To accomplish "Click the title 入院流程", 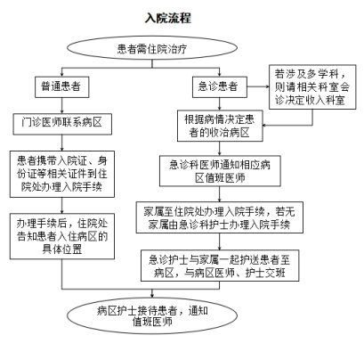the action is point(168,18).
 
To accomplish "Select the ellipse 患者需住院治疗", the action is point(152,48).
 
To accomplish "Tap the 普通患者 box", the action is point(62,87).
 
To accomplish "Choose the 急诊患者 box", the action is point(220,87).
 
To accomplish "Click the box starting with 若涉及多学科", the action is point(312,87).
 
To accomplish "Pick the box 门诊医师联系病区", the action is point(62,124).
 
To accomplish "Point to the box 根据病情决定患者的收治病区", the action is point(220,126).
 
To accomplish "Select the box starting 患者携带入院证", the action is point(62,174).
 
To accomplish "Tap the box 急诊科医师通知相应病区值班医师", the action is point(220,171).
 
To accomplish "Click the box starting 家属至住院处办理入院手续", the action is point(220,217).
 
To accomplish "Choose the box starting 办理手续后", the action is point(62,236).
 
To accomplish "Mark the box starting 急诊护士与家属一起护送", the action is point(220,266).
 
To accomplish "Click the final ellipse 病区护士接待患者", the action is point(152,315).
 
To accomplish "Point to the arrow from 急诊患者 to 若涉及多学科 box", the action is point(258,87).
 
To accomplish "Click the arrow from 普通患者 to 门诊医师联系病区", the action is point(62,105).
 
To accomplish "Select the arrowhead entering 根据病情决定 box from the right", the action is point(264,126).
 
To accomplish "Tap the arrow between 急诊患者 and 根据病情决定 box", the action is point(220,104).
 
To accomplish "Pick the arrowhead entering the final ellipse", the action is point(152,295).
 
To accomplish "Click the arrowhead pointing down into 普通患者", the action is point(62,75).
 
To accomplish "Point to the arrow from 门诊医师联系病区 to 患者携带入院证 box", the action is point(62,143).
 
